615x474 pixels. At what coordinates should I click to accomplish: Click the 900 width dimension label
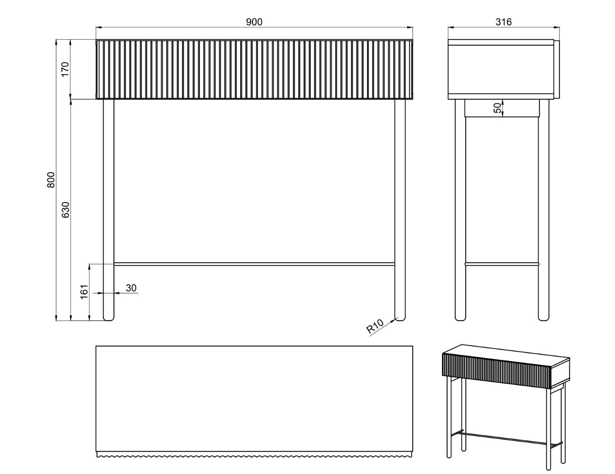(x=254, y=22)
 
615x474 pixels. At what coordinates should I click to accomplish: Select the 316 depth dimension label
(x=503, y=22)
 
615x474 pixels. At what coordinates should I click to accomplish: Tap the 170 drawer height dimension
(x=65, y=69)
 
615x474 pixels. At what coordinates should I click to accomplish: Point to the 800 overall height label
(x=50, y=180)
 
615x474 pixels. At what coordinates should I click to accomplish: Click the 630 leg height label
(x=66, y=210)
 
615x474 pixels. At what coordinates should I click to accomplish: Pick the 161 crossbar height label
(x=85, y=292)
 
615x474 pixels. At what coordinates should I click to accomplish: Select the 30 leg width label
(x=131, y=288)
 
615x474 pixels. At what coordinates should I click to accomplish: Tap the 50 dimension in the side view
(x=497, y=108)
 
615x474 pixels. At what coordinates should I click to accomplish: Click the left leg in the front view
(x=108, y=210)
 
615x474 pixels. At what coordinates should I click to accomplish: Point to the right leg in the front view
(x=400, y=210)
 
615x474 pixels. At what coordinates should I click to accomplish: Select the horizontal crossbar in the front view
(x=254, y=264)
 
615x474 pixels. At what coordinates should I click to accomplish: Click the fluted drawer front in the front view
(x=254, y=69)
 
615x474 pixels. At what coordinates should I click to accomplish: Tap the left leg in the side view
(x=460, y=210)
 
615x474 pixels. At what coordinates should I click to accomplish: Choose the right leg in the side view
(x=543, y=210)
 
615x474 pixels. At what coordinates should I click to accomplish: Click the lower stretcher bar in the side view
(x=502, y=264)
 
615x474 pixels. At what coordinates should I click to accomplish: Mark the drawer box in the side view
(x=501, y=69)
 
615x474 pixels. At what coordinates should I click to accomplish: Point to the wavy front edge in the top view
(x=254, y=455)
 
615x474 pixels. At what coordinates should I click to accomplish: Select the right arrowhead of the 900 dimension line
(x=410, y=28)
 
